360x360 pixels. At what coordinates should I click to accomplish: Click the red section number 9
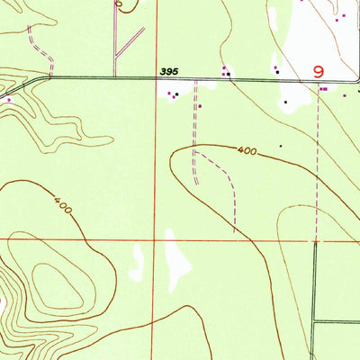pyautogui.click(x=318, y=71)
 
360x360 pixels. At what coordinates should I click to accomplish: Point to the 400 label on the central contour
pyautogui.click(x=248, y=151)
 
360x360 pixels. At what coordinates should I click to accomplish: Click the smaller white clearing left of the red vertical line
pyautogui.click(x=137, y=261)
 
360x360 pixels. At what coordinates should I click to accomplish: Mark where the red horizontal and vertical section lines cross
pyautogui.click(x=164, y=240)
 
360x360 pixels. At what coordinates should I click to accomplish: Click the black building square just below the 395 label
pyautogui.click(x=176, y=94)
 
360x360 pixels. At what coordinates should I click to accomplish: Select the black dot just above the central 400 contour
pyautogui.click(x=281, y=144)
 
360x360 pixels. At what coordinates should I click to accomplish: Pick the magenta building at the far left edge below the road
pyautogui.click(x=9, y=100)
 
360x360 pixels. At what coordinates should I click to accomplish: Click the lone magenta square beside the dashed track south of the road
pyautogui.click(x=200, y=105)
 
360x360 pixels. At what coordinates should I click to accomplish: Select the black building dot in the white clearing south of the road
pyautogui.click(x=285, y=102)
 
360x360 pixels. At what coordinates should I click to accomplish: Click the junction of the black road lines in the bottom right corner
pyautogui.click(x=315, y=321)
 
